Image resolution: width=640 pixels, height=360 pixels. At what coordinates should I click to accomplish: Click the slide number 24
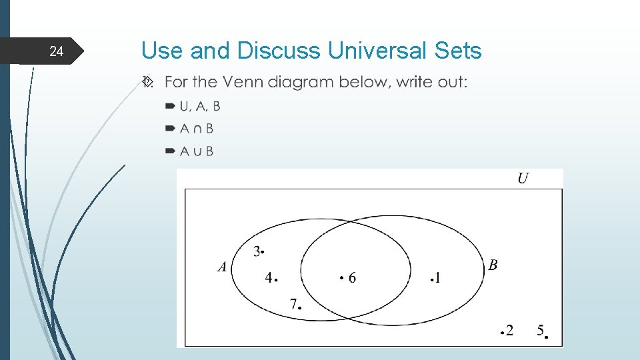click(57, 51)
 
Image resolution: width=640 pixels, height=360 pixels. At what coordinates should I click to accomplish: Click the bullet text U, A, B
click(200, 107)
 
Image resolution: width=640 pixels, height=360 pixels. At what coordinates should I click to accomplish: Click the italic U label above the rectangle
click(523, 178)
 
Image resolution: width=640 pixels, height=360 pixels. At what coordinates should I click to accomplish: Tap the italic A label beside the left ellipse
click(223, 267)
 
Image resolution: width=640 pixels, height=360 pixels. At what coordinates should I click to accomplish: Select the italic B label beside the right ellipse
click(493, 265)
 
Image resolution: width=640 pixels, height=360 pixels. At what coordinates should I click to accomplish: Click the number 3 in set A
click(257, 251)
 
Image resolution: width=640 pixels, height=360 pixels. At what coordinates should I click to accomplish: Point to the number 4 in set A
click(268, 277)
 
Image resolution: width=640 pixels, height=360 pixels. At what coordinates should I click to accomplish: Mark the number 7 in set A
click(293, 304)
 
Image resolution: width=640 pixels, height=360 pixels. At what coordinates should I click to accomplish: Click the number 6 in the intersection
click(352, 277)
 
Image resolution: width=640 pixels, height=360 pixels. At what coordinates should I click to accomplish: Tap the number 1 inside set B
click(437, 277)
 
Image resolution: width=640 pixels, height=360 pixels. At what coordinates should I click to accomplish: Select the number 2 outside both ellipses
click(509, 330)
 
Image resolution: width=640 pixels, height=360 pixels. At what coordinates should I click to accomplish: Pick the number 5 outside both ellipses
click(541, 329)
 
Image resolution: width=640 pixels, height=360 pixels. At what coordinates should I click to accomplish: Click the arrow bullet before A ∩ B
click(169, 128)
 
